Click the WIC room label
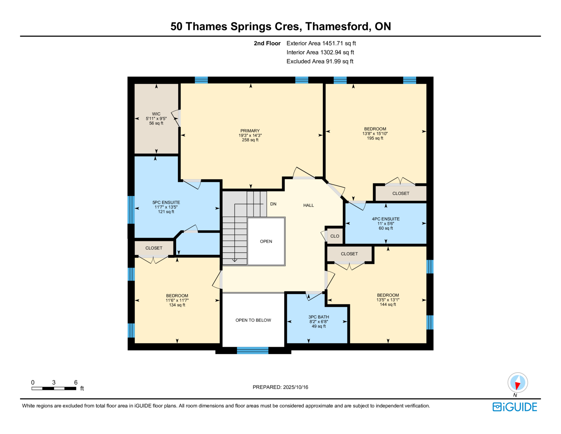coord(156,114)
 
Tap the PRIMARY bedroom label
coord(250,131)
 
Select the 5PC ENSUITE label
coord(166,202)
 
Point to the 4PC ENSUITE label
coord(385,219)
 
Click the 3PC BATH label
coord(319,317)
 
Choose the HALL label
coord(309,205)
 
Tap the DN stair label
coord(273,204)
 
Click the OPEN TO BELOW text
coord(253,320)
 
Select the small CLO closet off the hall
coord(334,236)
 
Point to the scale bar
coord(54,388)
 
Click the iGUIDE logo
coord(514,407)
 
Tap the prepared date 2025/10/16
coord(295,387)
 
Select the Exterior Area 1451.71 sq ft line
coord(321,43)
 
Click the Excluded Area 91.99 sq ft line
coord(320,61)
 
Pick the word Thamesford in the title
coord(337,26)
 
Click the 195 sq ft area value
coord(375,138)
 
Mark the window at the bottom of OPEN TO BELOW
coord(252,350)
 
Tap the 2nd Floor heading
coord(267,43)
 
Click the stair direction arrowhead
coord(235,260)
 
